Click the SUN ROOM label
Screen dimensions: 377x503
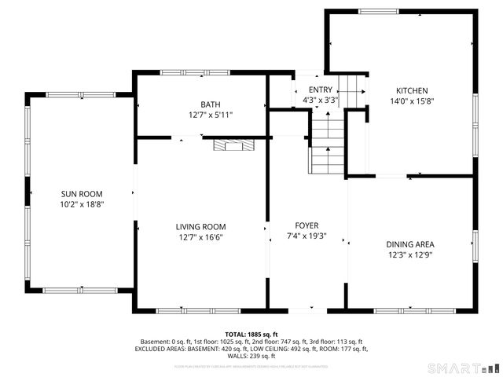pyautogui.click(x=83, y=193)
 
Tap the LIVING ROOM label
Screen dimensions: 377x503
pyautogui.click(x=200, y=227)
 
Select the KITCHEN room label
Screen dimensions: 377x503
pyautogui.click(x=412, y=90)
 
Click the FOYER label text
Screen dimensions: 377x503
pyautogui.click(x=307, y=225)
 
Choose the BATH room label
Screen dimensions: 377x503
pyautogui.click(x=210, y=104)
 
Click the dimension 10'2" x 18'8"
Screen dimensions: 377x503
pyautogui.click(x=83, y=203)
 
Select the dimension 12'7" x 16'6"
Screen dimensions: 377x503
pyautogui.click(x=200, y=237)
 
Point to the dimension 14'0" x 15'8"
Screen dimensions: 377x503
pyautogui.click(x=412, y=101)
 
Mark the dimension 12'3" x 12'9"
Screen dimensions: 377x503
pyautogui.click(x=410, y=254)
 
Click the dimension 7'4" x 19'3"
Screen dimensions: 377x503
pyautogui.click(x=307, y=236)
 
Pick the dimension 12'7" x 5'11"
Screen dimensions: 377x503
pyautogui.click(x=210, y=115)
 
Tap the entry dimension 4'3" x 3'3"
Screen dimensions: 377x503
pyautogui.click(x=320, y=101)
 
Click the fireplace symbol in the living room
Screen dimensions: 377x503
pyautogui.click(x=233, y=145)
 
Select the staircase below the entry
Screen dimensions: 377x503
pyautogui.click(x=326, y=145)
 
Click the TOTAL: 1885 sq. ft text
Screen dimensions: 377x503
pyautogui.click(x=251, y=335)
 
